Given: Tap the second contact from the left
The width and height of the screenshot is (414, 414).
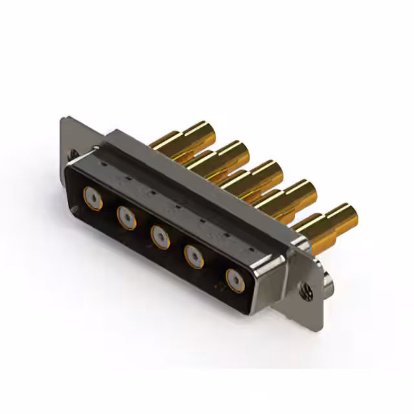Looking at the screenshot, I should [x=126, y=216].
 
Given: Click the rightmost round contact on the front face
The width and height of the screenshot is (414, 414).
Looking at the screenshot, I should [x=235, y=280].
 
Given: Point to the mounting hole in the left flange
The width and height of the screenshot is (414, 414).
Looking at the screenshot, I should [x=72, y=155].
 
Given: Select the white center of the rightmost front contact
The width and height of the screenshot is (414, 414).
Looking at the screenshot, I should [x=235, y=280].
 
